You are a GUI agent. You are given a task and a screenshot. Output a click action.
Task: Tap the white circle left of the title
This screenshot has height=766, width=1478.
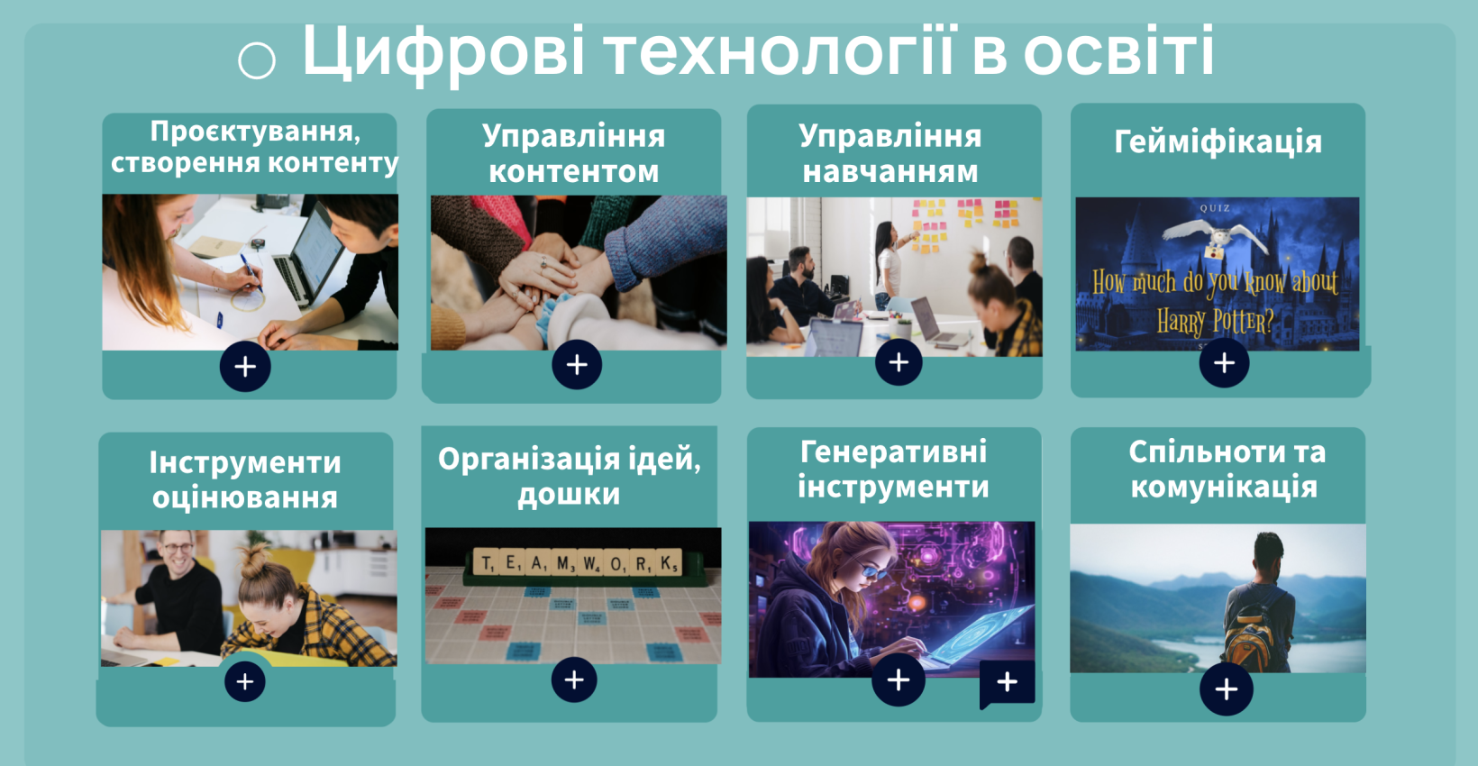point(257,60)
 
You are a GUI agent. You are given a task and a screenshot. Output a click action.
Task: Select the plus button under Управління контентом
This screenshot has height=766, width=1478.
point(577,364)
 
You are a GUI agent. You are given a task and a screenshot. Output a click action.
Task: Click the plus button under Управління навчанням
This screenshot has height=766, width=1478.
point(899,361)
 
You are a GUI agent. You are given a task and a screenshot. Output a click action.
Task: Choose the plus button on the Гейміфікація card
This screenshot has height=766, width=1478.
point(1224,362)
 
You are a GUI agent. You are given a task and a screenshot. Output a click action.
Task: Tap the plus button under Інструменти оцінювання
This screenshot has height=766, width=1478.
point(245,681)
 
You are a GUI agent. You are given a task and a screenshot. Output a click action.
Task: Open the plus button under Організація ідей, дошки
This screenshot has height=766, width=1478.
point(574,679)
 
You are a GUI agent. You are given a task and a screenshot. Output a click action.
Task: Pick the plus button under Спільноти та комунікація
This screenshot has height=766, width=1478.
point(1226,689)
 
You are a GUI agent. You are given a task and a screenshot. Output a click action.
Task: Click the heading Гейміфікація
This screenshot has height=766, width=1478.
point(1218,141)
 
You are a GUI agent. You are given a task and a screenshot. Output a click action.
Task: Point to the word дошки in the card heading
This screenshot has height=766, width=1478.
point(569,494)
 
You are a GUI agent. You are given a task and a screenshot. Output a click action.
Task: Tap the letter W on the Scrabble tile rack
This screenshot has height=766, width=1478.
point(588,564)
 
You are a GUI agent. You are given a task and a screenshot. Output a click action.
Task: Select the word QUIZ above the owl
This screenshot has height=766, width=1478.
point(1215,208)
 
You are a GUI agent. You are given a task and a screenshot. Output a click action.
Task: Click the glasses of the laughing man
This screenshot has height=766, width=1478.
point(177,548)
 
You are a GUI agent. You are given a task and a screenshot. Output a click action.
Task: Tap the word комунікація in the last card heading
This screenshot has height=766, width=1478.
point(1224,488)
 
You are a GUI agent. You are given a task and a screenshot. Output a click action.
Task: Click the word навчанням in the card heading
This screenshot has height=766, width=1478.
point(890,172)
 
